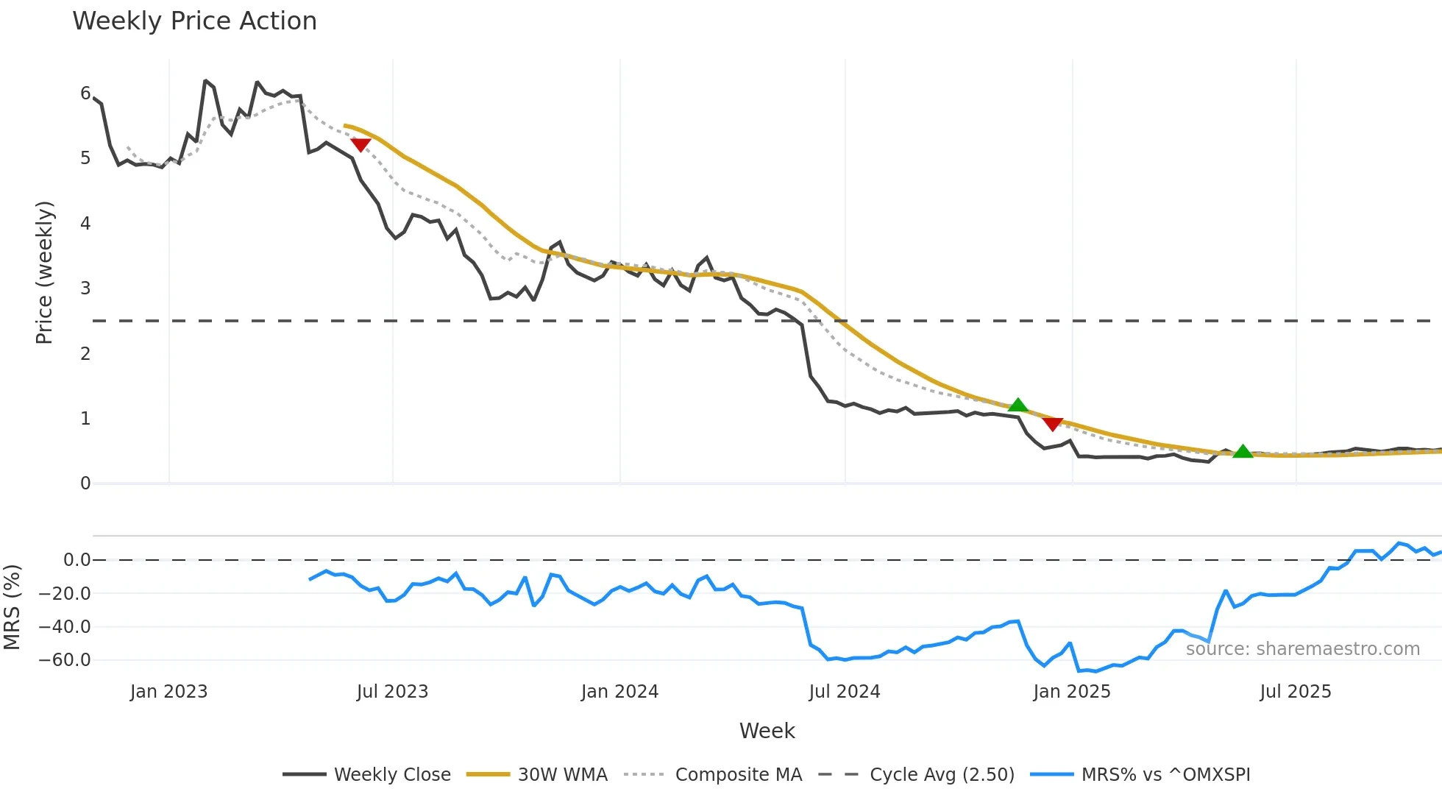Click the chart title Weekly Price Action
point(194,21)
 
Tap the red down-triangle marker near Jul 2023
point(360,144)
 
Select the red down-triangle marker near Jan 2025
point(1053,424)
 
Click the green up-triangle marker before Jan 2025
point(1017,405)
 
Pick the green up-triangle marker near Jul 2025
point(1243,452)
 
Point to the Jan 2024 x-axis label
point(619,692)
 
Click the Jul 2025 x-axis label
point(1296,692)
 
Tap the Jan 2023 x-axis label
point(169,692)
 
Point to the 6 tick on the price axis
point(85,93)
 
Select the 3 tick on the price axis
point(85,288)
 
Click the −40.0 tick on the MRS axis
point(65,627)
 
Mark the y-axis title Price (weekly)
point(44,272)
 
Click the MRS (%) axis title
point(12,607)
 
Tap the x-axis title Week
point(767,731)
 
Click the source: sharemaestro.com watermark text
point(1302,649)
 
